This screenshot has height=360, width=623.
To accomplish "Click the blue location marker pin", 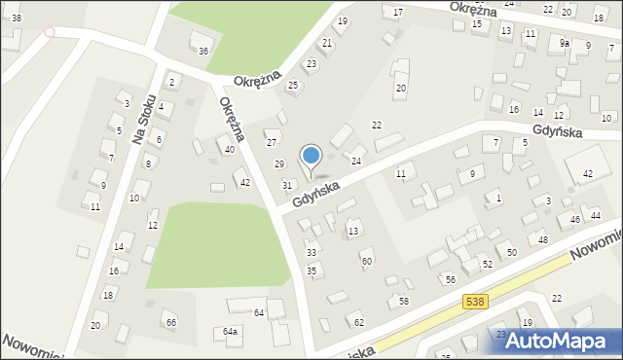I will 311,157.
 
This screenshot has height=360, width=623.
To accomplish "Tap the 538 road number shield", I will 474,303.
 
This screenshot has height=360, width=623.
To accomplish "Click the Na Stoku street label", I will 145,120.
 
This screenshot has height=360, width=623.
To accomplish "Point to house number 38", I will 17,18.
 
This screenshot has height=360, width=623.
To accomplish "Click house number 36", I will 203,51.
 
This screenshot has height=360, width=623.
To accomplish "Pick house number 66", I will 170,322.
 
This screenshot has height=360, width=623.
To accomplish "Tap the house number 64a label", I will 230,332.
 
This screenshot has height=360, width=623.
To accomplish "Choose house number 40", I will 230,149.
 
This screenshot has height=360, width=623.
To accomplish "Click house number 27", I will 272,143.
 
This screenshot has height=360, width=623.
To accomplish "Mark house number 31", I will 287,185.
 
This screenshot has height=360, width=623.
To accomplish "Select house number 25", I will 292,86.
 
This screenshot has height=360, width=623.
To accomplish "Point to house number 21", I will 327,43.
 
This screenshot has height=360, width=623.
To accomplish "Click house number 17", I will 398,12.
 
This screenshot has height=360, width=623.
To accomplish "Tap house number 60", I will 367,261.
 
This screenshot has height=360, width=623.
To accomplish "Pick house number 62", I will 358,322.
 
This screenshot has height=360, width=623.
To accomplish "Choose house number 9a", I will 565,43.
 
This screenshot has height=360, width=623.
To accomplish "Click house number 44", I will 596,214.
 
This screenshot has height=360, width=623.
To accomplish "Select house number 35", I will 311,270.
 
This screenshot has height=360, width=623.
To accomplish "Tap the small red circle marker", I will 50,32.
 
